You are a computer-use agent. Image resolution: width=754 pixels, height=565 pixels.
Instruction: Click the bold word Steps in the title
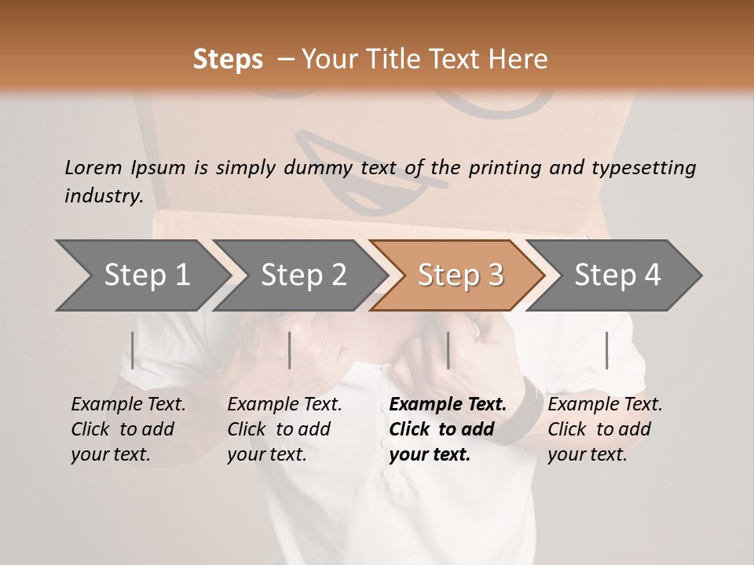point(228,60)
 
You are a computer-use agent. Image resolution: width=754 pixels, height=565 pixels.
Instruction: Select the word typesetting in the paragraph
point(643,167)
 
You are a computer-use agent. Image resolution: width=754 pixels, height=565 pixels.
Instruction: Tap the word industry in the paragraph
point(103,196)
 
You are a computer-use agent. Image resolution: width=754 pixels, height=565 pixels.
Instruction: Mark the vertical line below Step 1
point(133,350)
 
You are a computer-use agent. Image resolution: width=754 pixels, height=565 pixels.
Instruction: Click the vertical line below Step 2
point(290,350)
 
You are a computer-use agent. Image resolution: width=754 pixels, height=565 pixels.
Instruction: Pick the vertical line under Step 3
point(448,350)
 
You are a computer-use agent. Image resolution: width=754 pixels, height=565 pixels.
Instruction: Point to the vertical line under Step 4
point(606,350)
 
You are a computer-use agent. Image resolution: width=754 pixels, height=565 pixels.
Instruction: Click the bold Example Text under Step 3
point(448,405)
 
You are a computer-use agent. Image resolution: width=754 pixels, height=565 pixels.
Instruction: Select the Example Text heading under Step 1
point(128,405)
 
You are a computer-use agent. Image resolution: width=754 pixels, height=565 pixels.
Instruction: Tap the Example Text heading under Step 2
point(284,405)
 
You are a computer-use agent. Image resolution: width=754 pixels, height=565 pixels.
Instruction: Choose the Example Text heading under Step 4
point(605,405)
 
